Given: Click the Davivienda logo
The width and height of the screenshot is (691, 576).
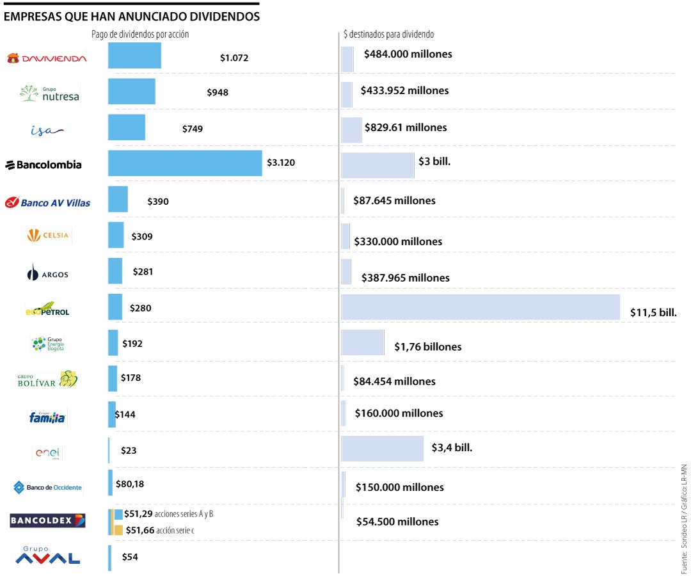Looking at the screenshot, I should point(46,58).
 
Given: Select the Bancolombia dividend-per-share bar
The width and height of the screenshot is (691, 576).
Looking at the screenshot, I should point(185,163).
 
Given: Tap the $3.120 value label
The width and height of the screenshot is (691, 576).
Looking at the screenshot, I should point(280,163).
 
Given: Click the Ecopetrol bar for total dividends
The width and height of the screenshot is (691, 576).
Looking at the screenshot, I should point(480,307).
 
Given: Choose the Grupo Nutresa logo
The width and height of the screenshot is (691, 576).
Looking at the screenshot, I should point(49,94).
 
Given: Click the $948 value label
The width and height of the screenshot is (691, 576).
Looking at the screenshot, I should point(218,92).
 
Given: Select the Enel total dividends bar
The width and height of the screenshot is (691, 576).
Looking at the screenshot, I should point(382,449).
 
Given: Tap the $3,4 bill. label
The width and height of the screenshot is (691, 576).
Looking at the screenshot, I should point(452,447).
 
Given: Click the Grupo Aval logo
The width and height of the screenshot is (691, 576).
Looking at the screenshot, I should point(47,556).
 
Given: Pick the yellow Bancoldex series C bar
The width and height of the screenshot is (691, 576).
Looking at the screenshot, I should point(118,530).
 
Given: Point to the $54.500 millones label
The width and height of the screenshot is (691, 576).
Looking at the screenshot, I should point(397,522).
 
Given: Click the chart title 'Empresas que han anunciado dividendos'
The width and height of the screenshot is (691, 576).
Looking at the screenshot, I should point(132,17).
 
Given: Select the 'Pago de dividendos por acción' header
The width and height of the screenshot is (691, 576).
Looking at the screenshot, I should point(140,35).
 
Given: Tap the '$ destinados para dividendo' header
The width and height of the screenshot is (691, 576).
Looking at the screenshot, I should point(388,35).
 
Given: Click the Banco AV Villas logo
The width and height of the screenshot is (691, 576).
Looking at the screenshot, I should point(47,203).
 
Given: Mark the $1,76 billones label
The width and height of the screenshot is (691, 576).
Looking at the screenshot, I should point(427,347).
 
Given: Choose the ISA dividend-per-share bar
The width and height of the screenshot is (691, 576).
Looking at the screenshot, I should point(127,127).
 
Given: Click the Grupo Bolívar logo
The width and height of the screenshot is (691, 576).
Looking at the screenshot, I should point(47,380).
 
